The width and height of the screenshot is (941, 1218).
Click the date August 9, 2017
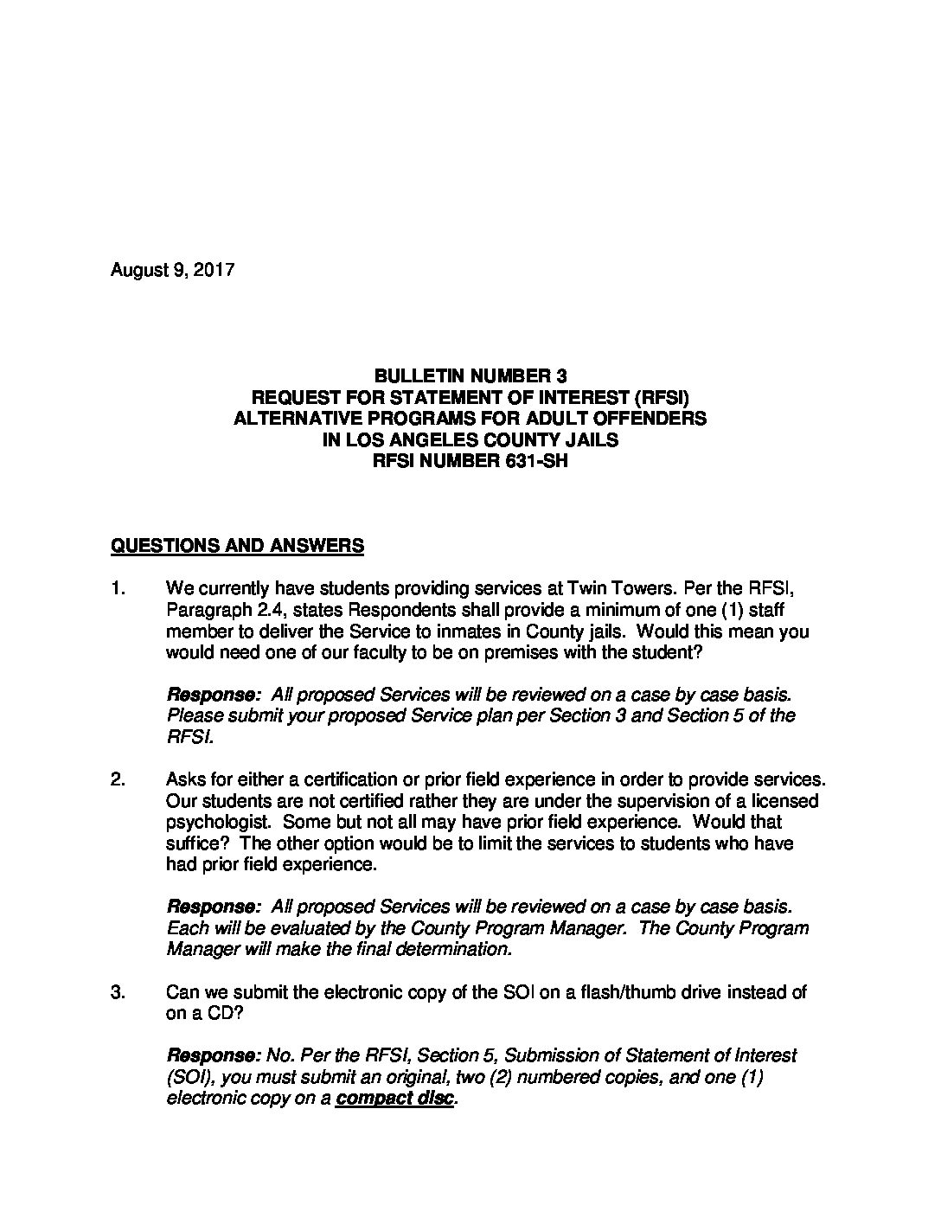[x=173, y=270]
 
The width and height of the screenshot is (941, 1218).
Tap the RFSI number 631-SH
[x=470, y=462]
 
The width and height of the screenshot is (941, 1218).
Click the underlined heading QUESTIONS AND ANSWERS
[x=237, y=546]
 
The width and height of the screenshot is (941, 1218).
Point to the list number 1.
[x=118, y=589]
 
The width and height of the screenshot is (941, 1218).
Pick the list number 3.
[x=118, y=992]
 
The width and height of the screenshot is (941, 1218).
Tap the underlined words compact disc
[x=395, y=1099]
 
